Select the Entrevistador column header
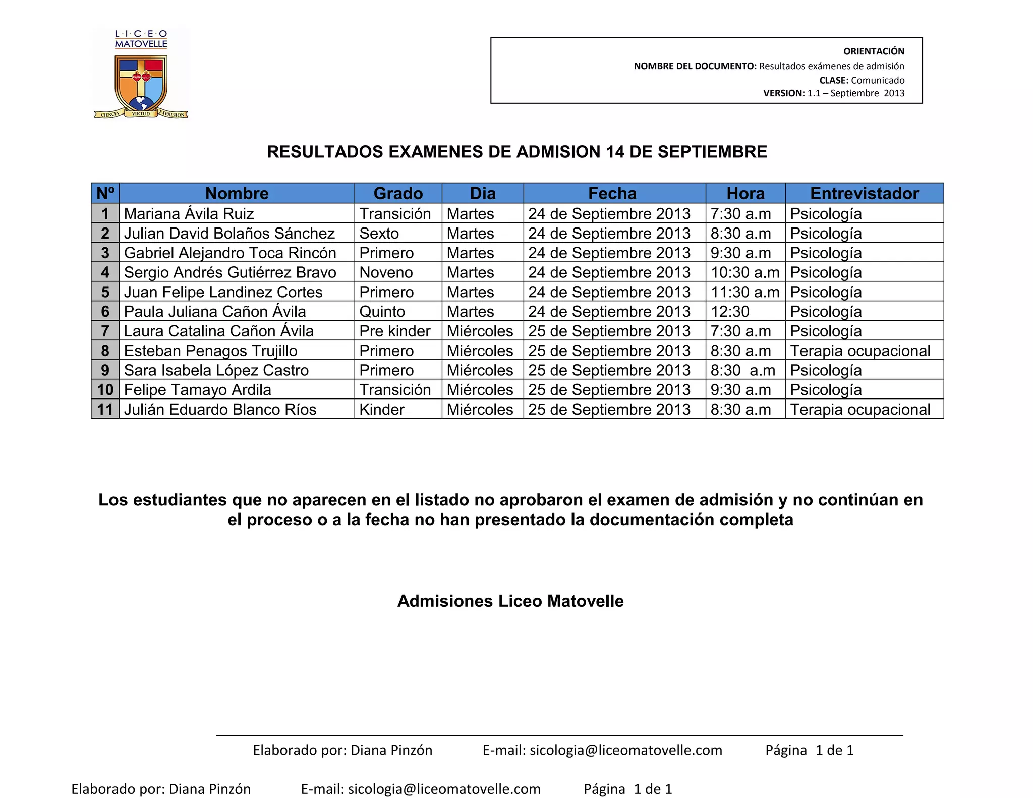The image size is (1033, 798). [864, 193]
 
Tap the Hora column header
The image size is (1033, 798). [745, 193]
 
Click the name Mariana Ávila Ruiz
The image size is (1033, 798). [189, 214]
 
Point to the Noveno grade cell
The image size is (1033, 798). [386, 273]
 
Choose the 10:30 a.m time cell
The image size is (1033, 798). [744, 273]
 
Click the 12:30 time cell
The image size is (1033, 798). [730, 312]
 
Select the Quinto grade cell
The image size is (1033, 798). [382, 312]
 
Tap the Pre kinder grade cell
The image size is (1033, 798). [394, 331]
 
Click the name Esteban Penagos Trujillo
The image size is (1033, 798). [210, 351]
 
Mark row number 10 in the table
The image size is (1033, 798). [105, 390]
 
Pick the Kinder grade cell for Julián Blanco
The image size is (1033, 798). [381, 410]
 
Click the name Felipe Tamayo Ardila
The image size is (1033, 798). [197, 390]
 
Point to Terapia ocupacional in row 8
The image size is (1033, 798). [859, 351]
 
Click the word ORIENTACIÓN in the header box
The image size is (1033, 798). [874, 51]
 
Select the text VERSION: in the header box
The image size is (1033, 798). [784, 93]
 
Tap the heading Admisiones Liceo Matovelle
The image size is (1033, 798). [510, 601]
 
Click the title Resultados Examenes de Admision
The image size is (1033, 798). [516, 152]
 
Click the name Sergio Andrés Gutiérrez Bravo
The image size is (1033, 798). [230, 273]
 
